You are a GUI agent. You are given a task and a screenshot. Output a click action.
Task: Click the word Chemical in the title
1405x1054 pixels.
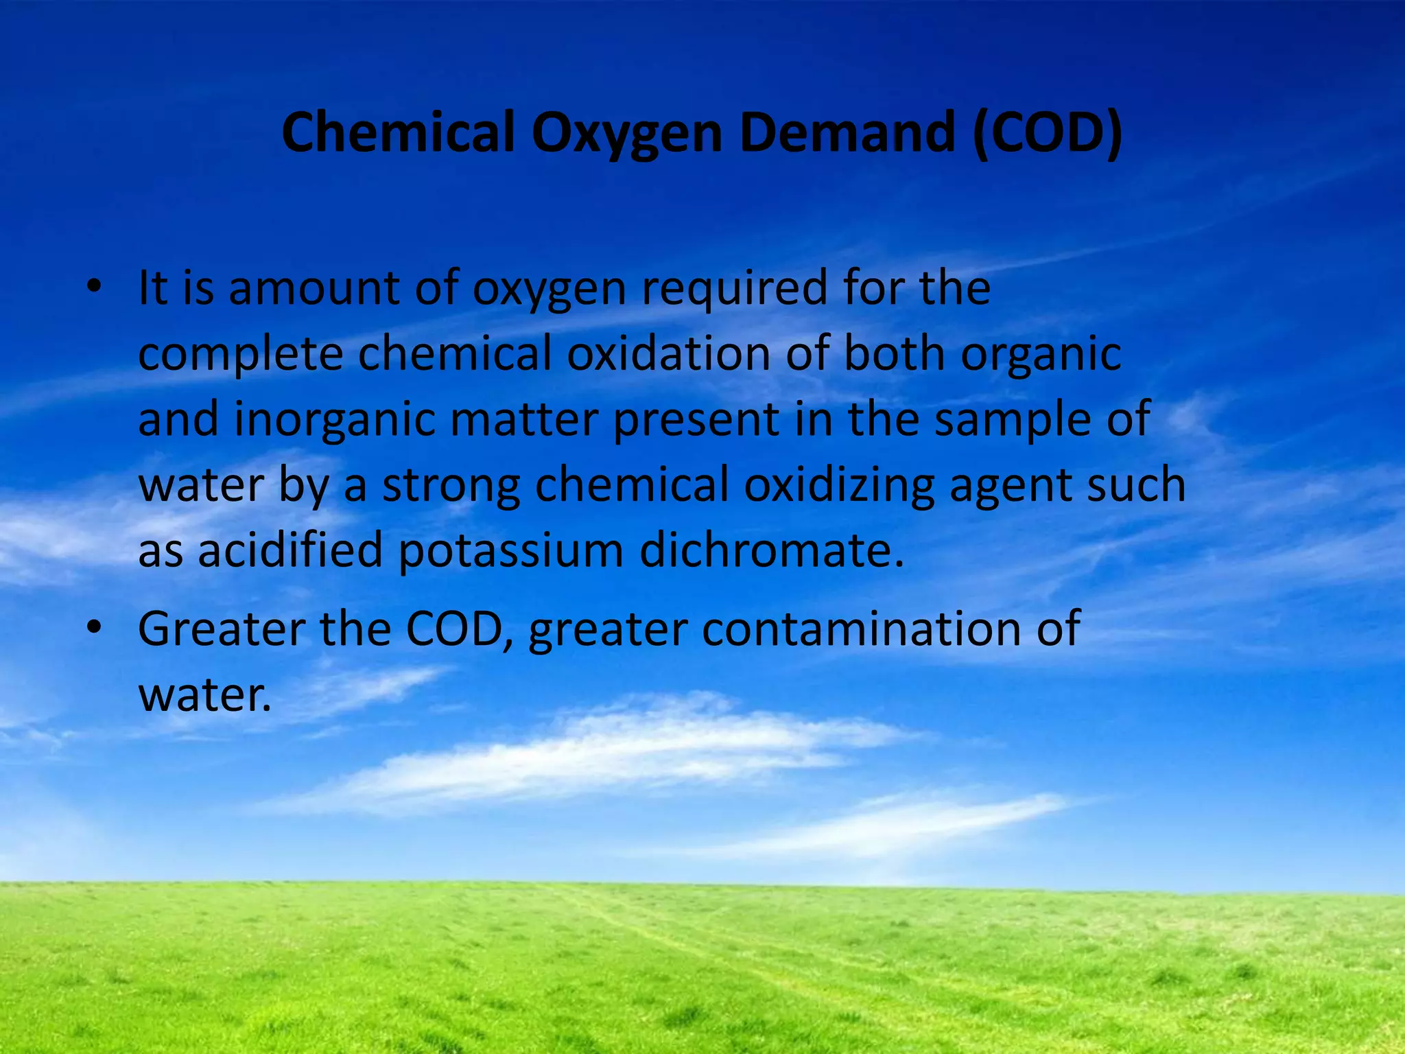point(398,132)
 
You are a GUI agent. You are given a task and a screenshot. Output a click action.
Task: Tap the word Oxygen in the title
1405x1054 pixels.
point(626,134)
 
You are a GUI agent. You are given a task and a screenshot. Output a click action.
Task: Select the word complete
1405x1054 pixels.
point(240,355)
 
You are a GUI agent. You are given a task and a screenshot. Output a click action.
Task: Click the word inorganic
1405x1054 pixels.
point(335,421)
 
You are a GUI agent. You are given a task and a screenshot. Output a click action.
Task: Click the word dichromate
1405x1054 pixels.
point(771,551)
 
